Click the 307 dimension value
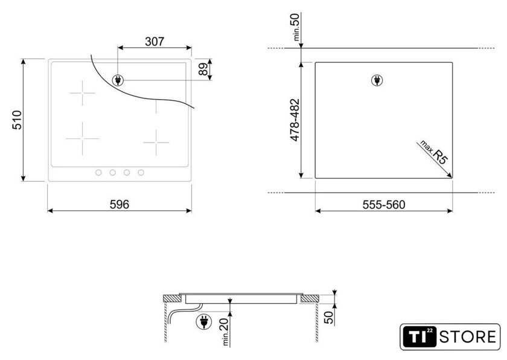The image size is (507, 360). (x=155, y=42)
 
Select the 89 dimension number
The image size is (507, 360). (x=203, y=69)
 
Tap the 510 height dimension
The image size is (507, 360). (x=17, y=120)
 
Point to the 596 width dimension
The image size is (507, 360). (x=120, y=204)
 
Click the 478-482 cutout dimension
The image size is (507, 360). (x=295, y=120)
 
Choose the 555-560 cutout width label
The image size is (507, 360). (x=384, y=205)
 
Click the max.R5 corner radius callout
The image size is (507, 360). (x=434, y=152)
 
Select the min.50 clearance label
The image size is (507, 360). (x=296, y=27)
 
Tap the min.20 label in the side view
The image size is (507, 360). (x=225, y=331)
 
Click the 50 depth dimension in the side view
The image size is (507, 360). (x=328, y=318)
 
